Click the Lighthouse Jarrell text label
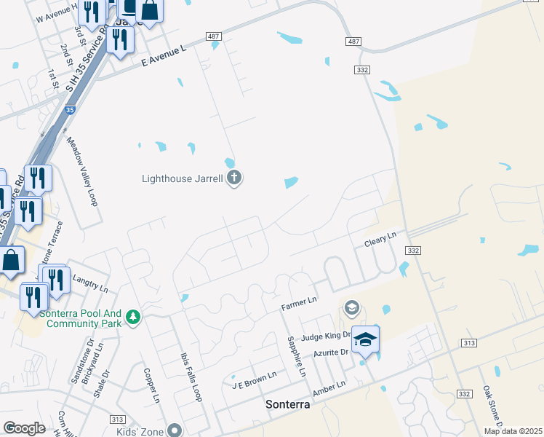click(183, 178)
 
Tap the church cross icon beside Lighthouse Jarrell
click(234, 178)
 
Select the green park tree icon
click(132, 316)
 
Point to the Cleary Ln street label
click(381, 237)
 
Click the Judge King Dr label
click(326, 337)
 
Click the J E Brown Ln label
click(254, 379)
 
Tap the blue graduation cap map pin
click(366, 341)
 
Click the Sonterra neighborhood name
click(288, 404)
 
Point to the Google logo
click(24, 428)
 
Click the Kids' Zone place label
click(145, 431)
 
